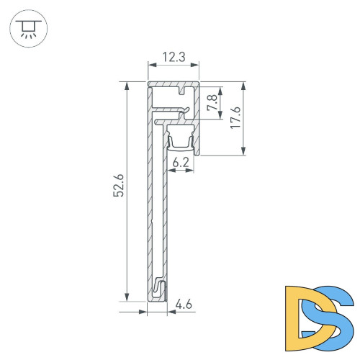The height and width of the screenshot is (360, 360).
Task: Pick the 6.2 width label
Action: click(x=181, y=163)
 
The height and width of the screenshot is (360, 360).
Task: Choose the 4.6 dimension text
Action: click(x=184, y=305)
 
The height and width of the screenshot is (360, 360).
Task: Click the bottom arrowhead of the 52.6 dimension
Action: click(x=127, y=297)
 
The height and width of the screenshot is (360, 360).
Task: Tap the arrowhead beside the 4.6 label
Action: click(x=170, y=312)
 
